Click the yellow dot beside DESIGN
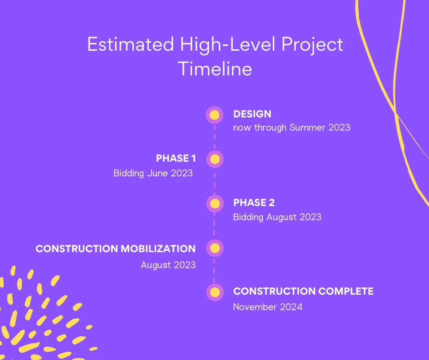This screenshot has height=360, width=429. (214, 115)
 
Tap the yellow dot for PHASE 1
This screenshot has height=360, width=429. (215, 159)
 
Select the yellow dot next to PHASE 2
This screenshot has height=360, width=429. (215, 204)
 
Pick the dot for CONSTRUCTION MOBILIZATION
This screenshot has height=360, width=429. (215, 248)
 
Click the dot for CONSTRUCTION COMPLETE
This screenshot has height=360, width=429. (215, 292)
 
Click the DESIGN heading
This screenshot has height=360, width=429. (252, 114)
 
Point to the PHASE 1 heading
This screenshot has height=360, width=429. (176, 159)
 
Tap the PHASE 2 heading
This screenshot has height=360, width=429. (254, 203)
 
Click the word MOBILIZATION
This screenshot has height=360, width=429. (158, 249)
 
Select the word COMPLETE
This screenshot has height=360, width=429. (346, 291)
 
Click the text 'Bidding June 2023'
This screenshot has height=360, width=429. (153, 174)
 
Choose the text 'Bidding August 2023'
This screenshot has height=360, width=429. (277, 217)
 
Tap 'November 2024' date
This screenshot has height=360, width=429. (267, 307)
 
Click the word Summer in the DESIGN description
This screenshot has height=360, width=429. (307, 127)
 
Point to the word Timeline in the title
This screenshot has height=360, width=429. (215, 69)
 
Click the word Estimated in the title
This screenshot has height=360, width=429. (131, 44)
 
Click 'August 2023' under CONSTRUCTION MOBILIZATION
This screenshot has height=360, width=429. (168, 265)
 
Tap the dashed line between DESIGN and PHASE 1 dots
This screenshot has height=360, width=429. (214, 137)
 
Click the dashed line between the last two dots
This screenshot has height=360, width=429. (214, 270)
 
